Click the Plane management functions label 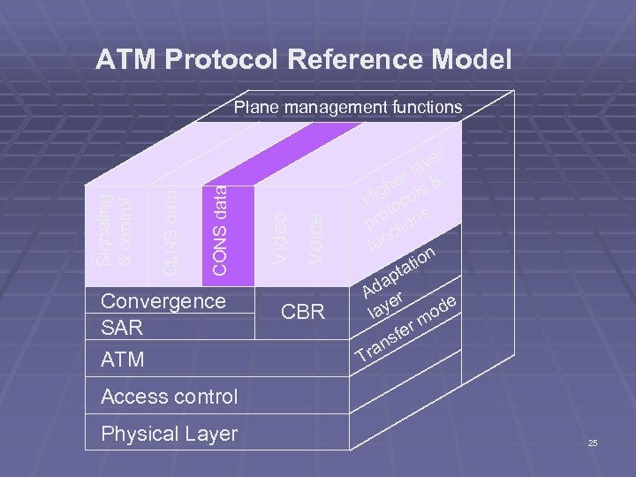[347, 108]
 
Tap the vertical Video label [278, 235]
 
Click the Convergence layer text [163, 301]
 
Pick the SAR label [122, 328]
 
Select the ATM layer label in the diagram [123, 360]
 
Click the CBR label [303, 313]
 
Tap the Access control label [169, 397]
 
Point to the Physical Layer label [169, 434]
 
